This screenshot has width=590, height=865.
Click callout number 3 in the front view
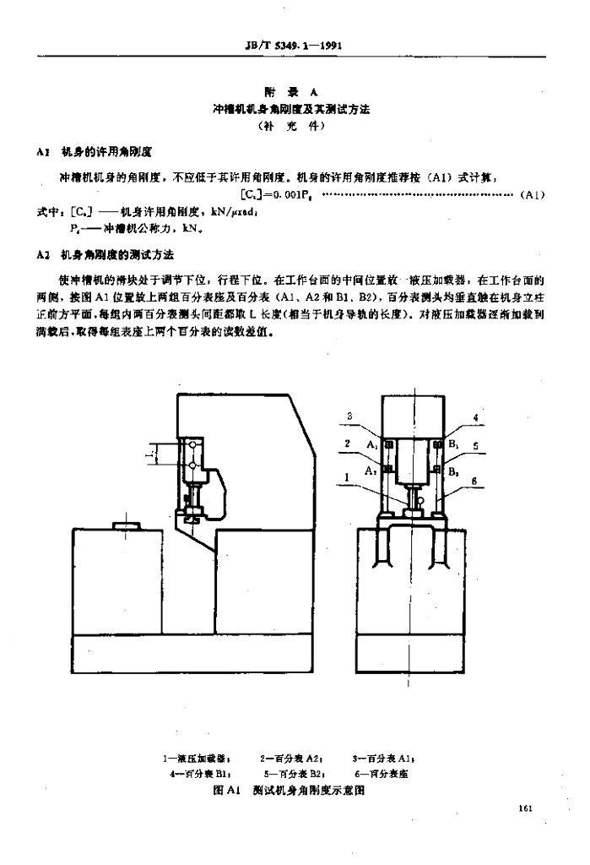pyautogui.click(x=349, y=415)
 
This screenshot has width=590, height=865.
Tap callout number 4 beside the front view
pyautogui.click(x=475, y=417)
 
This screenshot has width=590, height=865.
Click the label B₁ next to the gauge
pyautogui.click(x=452, y=443)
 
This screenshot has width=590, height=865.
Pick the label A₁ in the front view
pyautogui.click(x=371, y=443)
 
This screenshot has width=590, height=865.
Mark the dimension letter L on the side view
pyautogui.click(x=149, y=455)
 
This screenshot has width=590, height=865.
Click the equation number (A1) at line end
pyautogui.click(x=534, y=195)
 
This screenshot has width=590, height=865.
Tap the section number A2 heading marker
pyautogui.click(x=46, y=254)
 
